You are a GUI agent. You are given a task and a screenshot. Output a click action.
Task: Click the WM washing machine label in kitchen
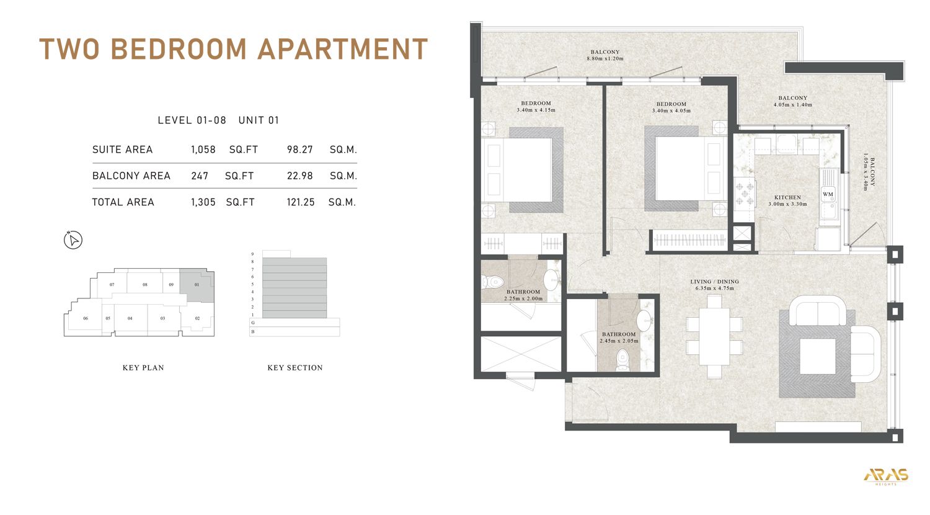[828, 194]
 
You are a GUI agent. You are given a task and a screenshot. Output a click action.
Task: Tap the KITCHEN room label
[787, 197]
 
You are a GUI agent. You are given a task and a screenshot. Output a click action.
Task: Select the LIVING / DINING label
[714, 282]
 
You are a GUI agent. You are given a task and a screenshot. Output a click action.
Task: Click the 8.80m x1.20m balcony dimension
[604, 59]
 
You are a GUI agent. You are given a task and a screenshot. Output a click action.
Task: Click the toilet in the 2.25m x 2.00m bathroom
[494, 282]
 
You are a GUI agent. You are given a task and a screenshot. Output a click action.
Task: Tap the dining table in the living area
[714, 337]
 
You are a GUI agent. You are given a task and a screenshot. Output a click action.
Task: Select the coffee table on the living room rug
[817, 356]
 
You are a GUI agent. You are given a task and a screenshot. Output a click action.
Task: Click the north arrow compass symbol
[73, 240]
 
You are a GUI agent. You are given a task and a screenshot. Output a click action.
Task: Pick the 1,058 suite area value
[203, 150]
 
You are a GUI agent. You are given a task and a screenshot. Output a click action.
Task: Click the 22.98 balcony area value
[299, 176]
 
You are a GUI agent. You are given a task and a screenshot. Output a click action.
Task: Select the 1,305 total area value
[203, 202]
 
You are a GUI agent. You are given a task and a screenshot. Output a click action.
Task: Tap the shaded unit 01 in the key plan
[197, 285]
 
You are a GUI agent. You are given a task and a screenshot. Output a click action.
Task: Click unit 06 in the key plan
[86, 318]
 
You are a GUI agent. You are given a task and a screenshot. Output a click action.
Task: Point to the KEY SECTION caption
[294, 368]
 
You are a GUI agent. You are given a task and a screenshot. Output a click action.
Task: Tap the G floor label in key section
[253, 323]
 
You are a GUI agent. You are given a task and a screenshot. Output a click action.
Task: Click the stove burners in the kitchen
[745, 193]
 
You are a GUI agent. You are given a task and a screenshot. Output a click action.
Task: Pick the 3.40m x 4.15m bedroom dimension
[536, 110]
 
